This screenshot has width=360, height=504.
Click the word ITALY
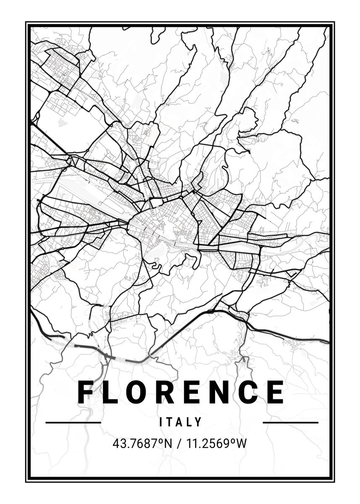pyautogui.click(x=181, y=422)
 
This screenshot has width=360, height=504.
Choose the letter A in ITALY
pyautogui.click(x=181, y=422)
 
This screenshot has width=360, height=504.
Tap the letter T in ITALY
pyautogui.click(x=171, y=422)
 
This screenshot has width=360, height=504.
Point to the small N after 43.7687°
pyautogui.click(x=168, y=443)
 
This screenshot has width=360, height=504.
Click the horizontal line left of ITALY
pyautogui.click(x=73, y=422)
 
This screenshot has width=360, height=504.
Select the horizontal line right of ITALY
pyautogui.click(x=290, y=422)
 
